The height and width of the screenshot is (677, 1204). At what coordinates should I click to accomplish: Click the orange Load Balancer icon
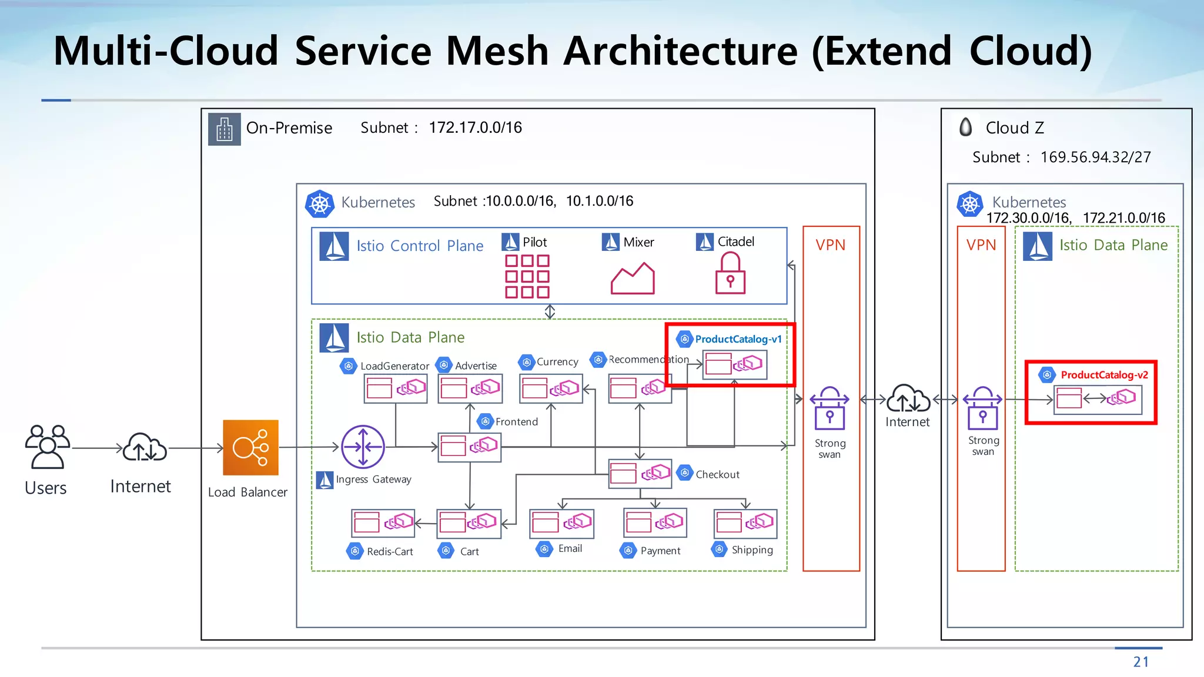point(250,448)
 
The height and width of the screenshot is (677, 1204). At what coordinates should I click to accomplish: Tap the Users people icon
point(47,447)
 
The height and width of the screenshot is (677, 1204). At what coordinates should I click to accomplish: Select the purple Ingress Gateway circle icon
point(363,447)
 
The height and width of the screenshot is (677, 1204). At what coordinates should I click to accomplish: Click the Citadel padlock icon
point(730,273)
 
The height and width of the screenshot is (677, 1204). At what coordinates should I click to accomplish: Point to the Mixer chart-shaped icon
point(633,279)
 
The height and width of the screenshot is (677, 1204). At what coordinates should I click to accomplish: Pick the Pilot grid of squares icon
point(527,276)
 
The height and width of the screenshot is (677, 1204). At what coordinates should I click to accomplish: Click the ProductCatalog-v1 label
point(738,339)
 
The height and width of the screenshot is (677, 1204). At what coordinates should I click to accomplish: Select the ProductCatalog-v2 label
point(1103,375)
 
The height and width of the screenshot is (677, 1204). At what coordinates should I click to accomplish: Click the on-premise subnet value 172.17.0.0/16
point(475,128)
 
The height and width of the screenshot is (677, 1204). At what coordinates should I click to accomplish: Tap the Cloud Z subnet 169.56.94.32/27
point(1095,157)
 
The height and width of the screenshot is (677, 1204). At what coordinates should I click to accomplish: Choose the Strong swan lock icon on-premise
point(830,408)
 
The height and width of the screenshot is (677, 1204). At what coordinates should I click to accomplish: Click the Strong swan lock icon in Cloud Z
point(982,408)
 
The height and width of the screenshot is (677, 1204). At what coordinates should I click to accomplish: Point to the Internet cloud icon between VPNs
point(908,399)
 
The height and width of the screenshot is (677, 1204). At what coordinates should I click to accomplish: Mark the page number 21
point(1141,662)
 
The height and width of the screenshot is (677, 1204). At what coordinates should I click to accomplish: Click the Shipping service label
point(752,550)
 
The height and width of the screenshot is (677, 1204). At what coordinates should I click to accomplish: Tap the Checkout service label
point(717,474)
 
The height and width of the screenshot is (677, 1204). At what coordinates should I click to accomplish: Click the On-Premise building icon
point(225,129)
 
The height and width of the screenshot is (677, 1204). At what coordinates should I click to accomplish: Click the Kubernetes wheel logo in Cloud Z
point(969,204)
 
